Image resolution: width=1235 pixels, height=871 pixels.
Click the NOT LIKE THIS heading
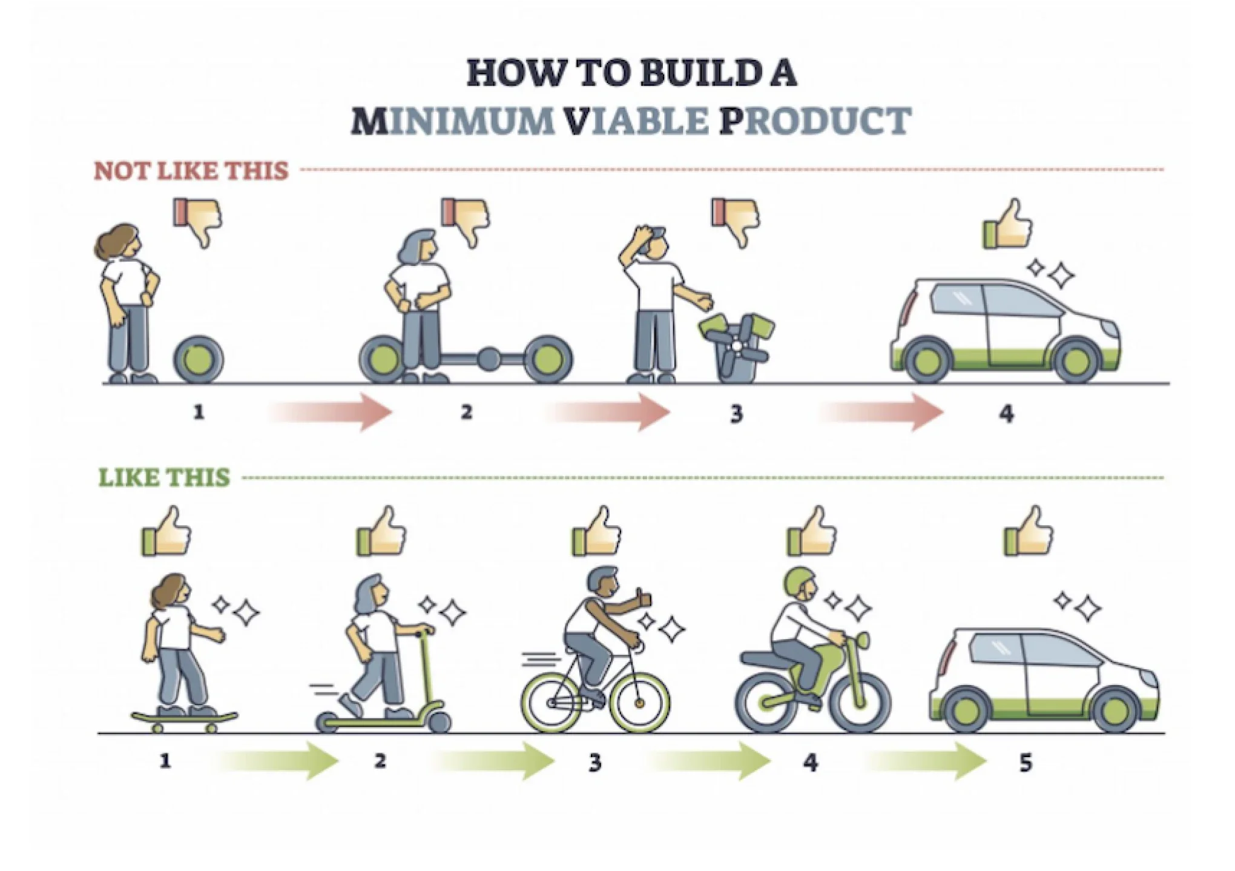point(191,171)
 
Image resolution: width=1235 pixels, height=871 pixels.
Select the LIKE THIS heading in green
point(165,477)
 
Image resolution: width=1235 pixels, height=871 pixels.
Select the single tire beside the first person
point(199,360)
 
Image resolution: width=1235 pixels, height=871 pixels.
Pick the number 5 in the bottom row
point(1025,762)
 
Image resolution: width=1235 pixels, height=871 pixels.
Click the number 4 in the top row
point(1006,414)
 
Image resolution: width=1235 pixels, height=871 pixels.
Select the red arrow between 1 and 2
point(330,412)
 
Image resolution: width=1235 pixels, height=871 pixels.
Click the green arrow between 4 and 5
point(924,761)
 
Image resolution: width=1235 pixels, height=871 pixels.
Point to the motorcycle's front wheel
point(861,702)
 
